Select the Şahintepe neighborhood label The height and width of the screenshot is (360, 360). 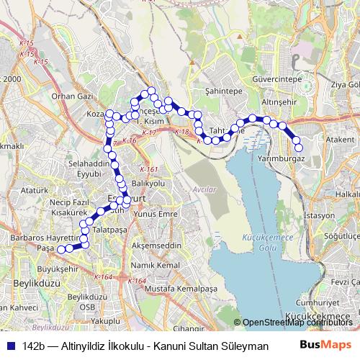pyautogui.click(x=223, y=92)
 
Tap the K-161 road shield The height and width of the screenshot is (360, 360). pyautogui.click(x=150, y=169)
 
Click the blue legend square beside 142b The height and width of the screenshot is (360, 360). pyautogui.click(x=12, y=346)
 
